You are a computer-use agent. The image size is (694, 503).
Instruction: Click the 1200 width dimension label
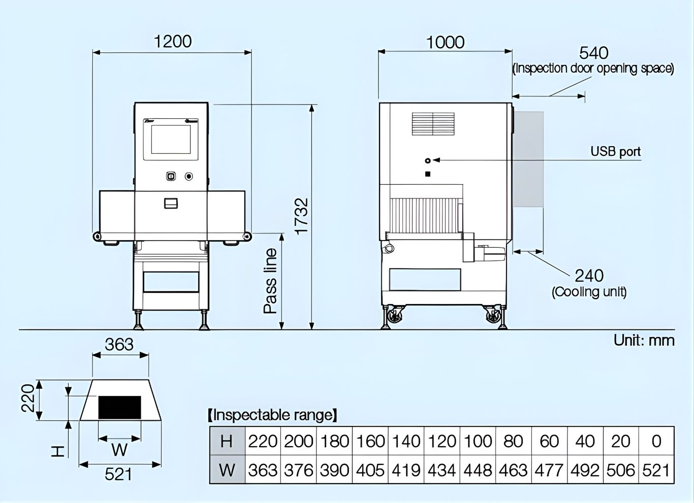pyautogui.click(x=173, y=41)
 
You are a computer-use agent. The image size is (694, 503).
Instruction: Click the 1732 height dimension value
pyautogui.click(x=302, y=216)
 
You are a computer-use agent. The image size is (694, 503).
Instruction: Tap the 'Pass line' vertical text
pyautogui.click(x=271, y=281)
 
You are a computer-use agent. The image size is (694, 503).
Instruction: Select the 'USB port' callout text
pyautogui.click(x=615, y=151)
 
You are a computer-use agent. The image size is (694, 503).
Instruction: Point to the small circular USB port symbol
pyautogui.click(x=427, y=160)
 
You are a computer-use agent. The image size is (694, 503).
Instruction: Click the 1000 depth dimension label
pyautogui.click(x=445, y=42)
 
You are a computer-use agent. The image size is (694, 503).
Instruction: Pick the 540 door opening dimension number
pyautogui.click(x=594, y=53)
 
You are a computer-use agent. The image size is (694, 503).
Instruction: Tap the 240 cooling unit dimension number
pyautogui.click(x=589, y=276)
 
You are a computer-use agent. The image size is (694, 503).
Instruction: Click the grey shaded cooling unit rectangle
pyautogui.click(x=528, y=159)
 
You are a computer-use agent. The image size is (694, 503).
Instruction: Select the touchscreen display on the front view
pyautogui.click(x=171, y=139)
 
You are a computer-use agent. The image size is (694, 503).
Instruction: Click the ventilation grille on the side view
pyautogui.click(x=433, y=124)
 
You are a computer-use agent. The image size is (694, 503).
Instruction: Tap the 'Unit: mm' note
pyautogui.click(x=644, y=340)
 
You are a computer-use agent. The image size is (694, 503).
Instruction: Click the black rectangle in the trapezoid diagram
pyautogui.click(x=119, y=408)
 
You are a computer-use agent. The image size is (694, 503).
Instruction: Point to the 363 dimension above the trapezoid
pyautogui.click(x=119, y=345)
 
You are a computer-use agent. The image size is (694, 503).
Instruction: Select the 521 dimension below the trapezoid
pyautogui.click(x=118, y=474)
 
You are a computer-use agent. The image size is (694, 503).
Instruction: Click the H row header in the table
pyautogui.click(x=227, y=441)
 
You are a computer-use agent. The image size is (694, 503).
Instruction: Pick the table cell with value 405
pyautogui.click(x=370, y=471)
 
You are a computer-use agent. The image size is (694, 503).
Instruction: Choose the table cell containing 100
pyautogui.click(x=478, y=441)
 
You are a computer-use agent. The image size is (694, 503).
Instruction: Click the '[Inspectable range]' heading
pyautogui.click(x=272, y=415)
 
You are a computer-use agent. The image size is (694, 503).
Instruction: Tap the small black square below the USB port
pyautogui.click(x=428, y=174)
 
